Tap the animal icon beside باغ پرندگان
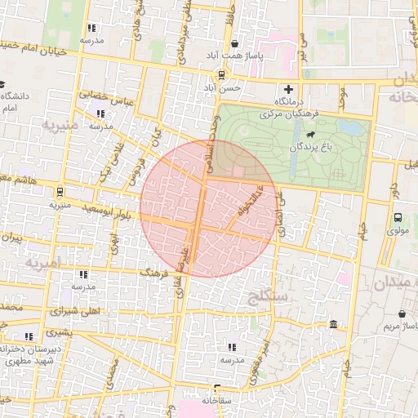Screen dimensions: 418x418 pos(310,135)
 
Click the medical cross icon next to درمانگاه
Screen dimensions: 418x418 pos(287,89)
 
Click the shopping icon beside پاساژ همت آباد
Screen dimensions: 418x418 pos(235,44)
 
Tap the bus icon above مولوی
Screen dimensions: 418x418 pos(398,218)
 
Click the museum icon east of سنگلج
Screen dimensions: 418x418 pos(334,325)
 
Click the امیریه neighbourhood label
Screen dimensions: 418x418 pos(42,265)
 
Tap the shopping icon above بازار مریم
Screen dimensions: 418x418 pos(402,314)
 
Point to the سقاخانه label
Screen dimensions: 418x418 pos(216,401)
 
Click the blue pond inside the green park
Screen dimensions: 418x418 pos(351,128)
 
